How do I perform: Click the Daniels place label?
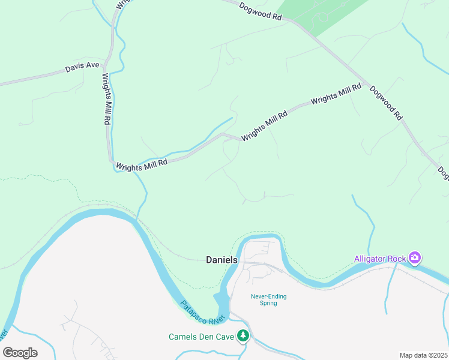click(x=221, y=260)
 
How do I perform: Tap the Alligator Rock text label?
click(x=380, y=259)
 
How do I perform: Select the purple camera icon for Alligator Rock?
click(x=414, y=258)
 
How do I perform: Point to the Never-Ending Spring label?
click(x=268, y=299)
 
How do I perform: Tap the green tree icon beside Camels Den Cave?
click(x=243, y=336)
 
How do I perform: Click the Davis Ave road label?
click(x=82, y=69)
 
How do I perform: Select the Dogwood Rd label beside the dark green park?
click(x=260, y=11)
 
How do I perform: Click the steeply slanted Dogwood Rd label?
click(x=385, y=103)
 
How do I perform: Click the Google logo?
click(x=20, y=353)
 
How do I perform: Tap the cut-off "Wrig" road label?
click(x=122, y=4)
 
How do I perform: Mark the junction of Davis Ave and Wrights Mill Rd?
click(x=107, y=64)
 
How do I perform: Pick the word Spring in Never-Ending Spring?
click(x=268, y=303)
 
